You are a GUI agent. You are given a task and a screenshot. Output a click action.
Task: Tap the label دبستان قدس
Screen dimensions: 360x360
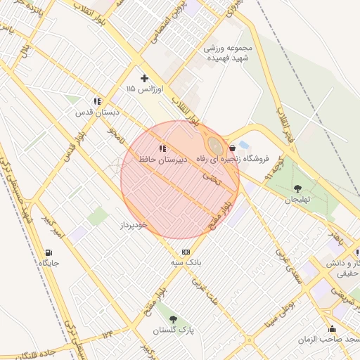coord(98,112)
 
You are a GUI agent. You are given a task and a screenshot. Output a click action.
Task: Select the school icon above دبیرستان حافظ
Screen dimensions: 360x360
coord(162,148)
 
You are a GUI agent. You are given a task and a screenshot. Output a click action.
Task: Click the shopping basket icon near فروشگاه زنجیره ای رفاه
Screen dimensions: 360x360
coord(232,148)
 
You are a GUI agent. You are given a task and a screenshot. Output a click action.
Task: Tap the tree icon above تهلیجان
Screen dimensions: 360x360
coord(297,188)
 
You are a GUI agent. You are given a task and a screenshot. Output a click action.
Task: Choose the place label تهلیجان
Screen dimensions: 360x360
coord(297,200)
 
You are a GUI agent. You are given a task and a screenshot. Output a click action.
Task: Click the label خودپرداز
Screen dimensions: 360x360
coord(132,224)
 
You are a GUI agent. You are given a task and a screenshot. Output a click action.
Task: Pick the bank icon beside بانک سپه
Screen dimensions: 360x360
coord(186,252)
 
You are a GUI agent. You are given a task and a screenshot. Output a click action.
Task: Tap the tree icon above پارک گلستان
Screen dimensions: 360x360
coord(173,319)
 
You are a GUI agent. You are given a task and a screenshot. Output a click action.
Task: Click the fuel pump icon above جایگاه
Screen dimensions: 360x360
coord(48,252)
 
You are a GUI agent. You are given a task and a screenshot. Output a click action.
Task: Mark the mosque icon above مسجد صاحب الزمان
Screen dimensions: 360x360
coord(332,328)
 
